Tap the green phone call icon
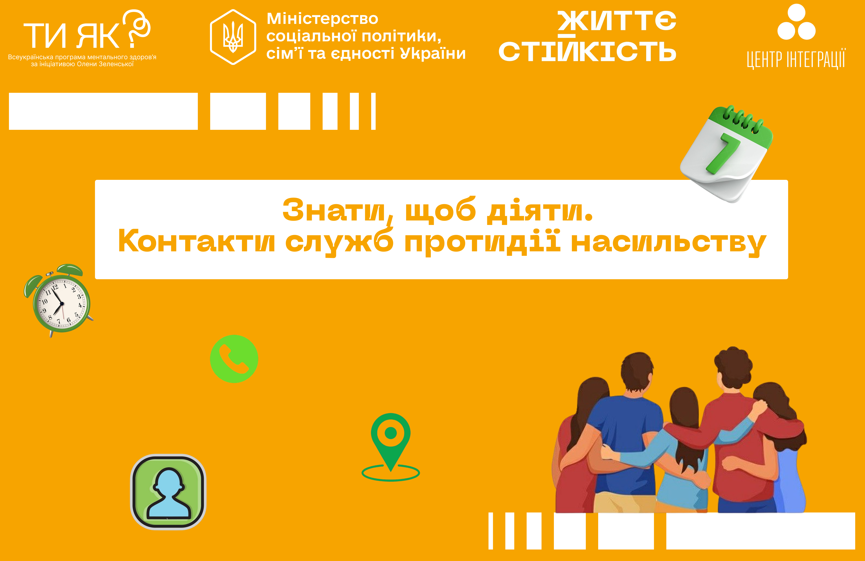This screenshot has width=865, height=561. (234, 359)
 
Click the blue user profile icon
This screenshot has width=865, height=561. (168, 492)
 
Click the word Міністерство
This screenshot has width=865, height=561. (322, 19)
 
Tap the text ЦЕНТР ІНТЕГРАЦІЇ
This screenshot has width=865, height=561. (796, 60)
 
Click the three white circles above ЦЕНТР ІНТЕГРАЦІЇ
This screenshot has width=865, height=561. (796, 23)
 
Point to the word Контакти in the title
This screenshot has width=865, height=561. (196, 241)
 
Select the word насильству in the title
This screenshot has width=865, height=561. (668, 243)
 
